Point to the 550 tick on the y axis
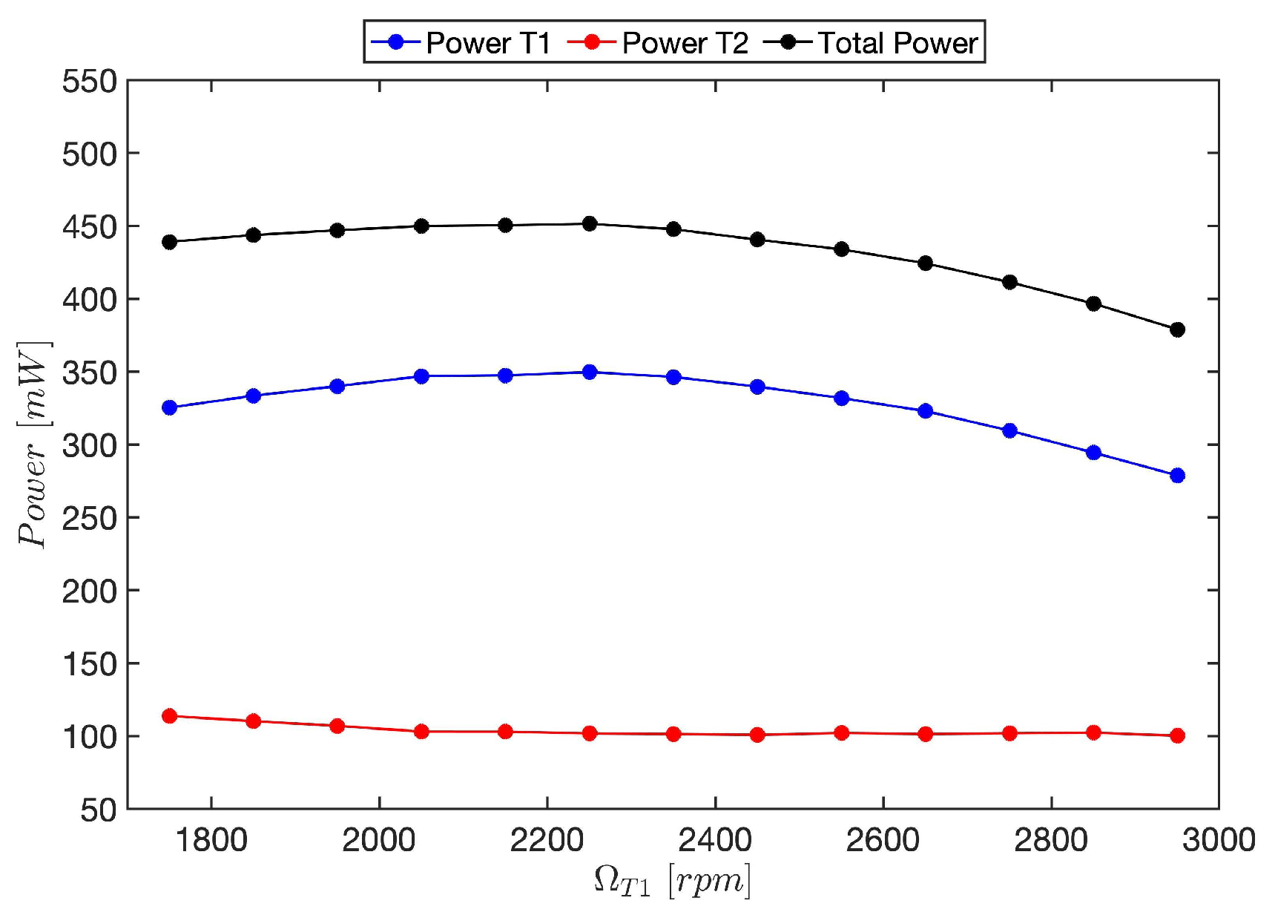(x=90, y=81)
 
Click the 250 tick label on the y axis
(x=90, y=518)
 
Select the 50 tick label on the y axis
(x=99, y=810)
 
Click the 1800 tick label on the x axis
(x=211, y=841)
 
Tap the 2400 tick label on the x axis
(x=715, y=841)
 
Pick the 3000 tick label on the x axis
(x=1218, y=841)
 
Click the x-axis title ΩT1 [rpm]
(x=672, y=881)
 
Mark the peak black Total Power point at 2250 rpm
(x=590, y=223)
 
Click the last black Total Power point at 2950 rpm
(x=1177, y=329)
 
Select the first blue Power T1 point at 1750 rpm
(x=169, y=407)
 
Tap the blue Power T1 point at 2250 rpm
(x=590, y=372)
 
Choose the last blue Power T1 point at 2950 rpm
(x=1177, y=476)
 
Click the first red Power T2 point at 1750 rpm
(x=169, y=716)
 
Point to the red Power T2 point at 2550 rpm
(x=841, y=733)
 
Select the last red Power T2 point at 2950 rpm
(x=1177, y=735)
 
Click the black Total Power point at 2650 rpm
(x=925, y=263)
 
